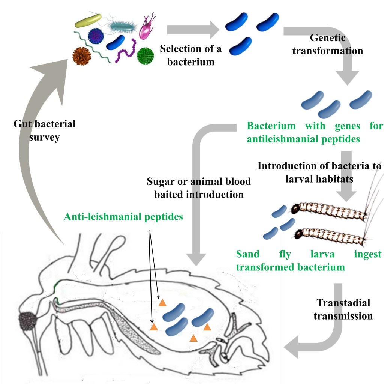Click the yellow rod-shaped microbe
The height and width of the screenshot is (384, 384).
[x=88, y=21]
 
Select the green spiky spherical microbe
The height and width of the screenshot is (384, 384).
[x=145, y=56]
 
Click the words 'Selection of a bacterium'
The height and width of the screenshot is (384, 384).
[x=191, y=55]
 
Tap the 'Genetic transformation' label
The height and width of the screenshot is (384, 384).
[x=328, y=44]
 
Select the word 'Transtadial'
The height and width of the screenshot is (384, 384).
[x=343, y=303]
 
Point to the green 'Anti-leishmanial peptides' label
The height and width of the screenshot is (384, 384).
[x=123, y=217]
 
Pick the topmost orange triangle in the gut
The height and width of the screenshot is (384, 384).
[x=162, y=303]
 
